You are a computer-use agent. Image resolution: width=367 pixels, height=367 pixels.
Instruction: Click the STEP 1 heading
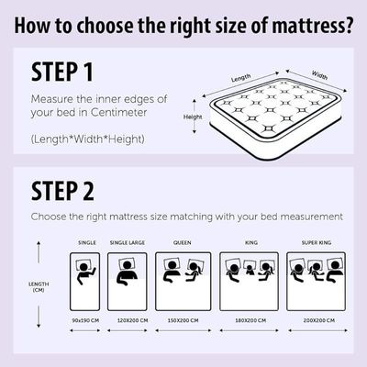[62, 72]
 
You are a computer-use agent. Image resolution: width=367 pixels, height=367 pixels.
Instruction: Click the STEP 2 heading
[62, 191]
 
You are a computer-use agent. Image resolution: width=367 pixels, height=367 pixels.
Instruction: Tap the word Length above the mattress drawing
[241, 78]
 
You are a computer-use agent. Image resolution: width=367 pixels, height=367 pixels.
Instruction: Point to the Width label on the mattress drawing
[319, 75]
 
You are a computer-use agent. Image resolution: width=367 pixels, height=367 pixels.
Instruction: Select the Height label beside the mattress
[193, 117]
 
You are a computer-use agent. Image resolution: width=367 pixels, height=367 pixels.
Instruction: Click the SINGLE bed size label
[87, 242]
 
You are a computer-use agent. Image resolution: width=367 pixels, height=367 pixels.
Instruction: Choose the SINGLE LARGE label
[128, 242]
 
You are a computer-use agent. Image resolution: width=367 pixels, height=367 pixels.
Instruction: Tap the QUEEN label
[183, 242]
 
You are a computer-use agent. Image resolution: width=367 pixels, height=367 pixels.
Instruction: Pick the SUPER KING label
[317, 242]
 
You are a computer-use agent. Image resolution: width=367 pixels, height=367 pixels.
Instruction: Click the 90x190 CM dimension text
[85, 320]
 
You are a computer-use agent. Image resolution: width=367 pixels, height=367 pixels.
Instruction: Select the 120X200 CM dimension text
[133, 320]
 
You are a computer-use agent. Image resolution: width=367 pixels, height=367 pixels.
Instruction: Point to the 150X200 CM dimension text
[183, 320]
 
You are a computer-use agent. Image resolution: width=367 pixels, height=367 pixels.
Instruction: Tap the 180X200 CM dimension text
[250, 320]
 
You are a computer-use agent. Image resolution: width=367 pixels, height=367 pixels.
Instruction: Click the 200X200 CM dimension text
[319, 320]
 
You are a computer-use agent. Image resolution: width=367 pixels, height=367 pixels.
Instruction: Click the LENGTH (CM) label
[39, 287]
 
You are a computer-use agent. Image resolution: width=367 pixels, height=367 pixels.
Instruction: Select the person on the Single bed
[84, 272]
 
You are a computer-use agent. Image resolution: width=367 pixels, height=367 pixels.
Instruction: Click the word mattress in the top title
[312, 26]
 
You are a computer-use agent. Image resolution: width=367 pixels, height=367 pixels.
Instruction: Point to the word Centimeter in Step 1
[119, 112]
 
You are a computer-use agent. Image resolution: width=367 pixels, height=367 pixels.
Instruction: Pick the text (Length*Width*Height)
[87, 139]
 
